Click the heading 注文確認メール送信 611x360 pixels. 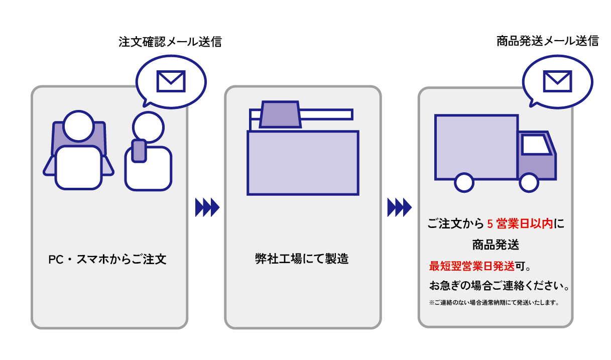click(x=170, y=42)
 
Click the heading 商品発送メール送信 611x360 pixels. click(x=547, y=41)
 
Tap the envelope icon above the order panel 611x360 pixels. click(x=171, y=81)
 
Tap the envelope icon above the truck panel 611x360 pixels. click(x=557, y=81)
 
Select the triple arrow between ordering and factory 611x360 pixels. click(x=207, y=207)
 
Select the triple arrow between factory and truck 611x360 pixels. click(x=399, y=207)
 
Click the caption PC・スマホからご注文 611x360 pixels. click(x=107, y=260)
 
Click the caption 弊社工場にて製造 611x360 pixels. click(x=301, y=259)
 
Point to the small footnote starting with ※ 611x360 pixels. click(x=494, y=303)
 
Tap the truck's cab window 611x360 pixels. click(x=535, y=145)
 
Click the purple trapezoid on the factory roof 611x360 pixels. click(x=280, y=114)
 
